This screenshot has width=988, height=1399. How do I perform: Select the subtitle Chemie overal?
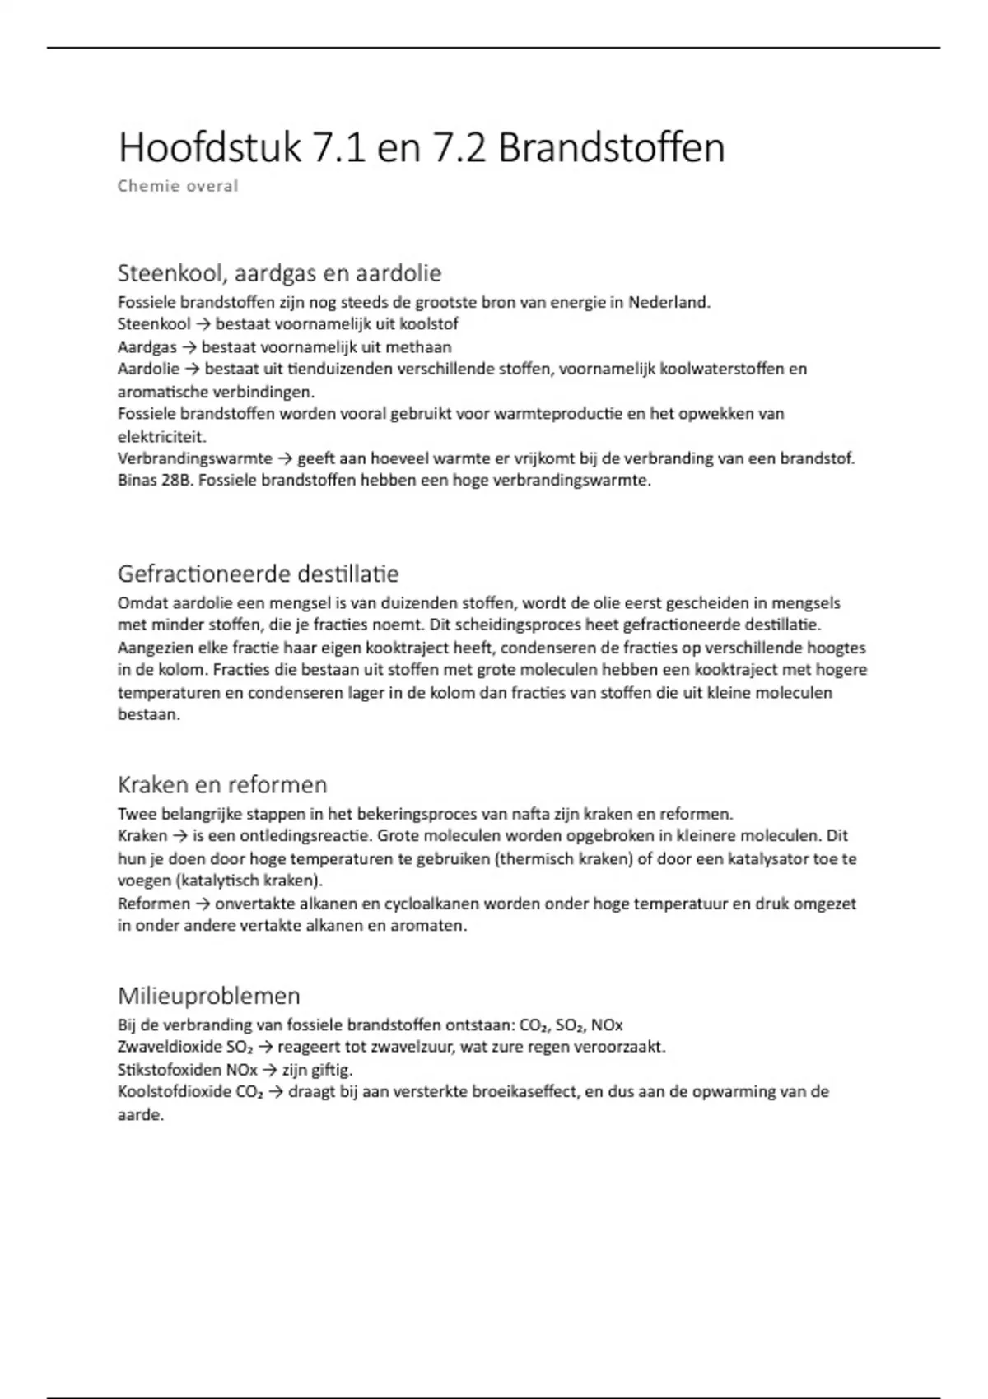pyautogui.click(x=178, y=186)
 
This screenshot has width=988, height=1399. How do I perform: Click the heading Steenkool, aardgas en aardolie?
pyautogui.click(x=280, y=272)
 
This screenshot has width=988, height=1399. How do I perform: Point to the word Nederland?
pyautogui.click(x=668, y=302)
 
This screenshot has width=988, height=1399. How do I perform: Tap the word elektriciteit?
pyautogui.click(x=161, y=436)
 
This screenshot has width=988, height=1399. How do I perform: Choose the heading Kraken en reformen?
pyautogui.click(x=222, y=784)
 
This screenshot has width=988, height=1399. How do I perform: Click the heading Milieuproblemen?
pyautogui.click(x=209, y=996)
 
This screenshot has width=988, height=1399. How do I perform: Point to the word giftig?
pyautogui.click(x=329, y=1070)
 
